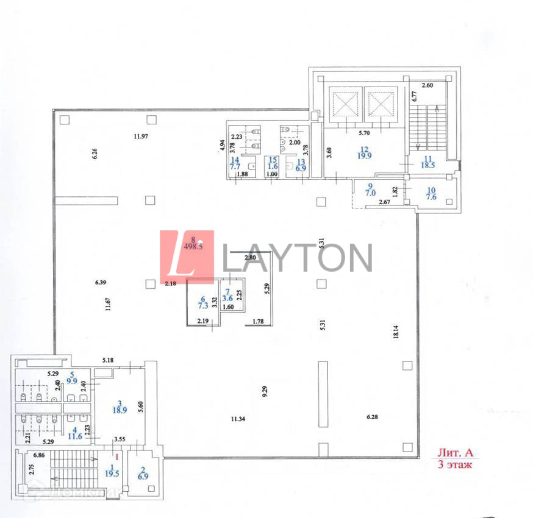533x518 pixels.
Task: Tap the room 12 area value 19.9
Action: click(365, 155)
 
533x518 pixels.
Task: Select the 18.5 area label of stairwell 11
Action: click(427, 165)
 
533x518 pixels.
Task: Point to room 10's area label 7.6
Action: click(431, 197)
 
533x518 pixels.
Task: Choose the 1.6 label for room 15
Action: click(273, 166)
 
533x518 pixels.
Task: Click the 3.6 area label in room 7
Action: click(226, 299)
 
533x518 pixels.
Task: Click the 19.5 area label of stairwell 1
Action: click(112, 473)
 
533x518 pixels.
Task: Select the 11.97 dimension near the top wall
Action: click(141, 136)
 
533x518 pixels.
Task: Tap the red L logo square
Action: click(187, 257)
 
